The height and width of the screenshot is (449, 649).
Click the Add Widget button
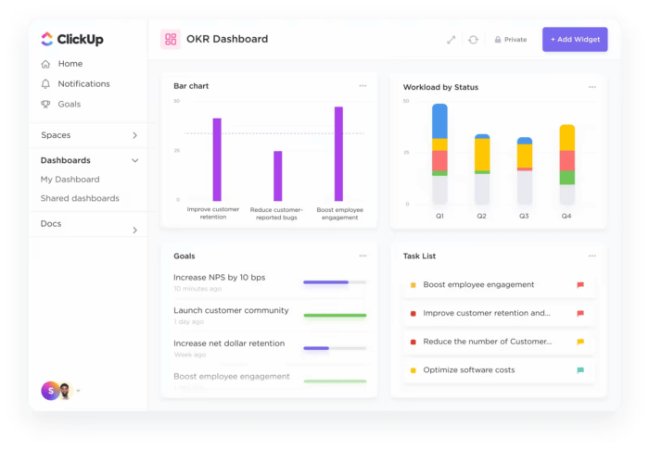pos(575,40)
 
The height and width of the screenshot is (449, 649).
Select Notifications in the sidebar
pos(83,84)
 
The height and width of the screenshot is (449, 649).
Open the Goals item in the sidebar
pos(69,105)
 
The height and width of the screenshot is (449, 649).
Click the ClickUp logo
pos(71,40)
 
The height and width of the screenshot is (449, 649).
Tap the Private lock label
pos(510,40)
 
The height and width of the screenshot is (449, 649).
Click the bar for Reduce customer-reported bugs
pos(277,176)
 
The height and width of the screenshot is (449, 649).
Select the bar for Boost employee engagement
pos(338,154)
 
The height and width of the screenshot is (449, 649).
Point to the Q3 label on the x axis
pos(524,216)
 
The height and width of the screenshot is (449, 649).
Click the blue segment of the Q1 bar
pos(439,120)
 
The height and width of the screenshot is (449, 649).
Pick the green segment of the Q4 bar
pos(566,177)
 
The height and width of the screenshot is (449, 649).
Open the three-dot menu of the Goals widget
pos(363,256)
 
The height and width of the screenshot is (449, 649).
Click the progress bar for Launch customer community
pos(335,315)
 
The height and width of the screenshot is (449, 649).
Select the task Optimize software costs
pos(468,370)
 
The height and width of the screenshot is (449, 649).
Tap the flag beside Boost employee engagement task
pos(580,285)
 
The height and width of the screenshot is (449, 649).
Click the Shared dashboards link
pos(80,198)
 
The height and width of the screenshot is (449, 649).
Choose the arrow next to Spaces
pos(134,136)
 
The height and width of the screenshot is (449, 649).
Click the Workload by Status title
pos(440,87)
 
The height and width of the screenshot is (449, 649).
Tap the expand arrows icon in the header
pos(451,40)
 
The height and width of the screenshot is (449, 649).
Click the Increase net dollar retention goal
pos(229,343)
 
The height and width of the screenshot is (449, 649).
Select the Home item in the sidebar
pos(70,64)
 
